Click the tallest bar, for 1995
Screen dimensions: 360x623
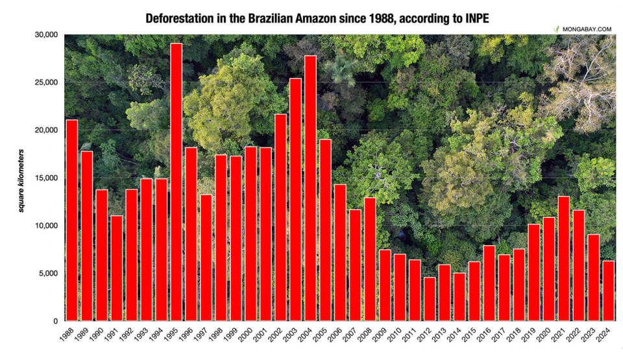pyautogui.click(x=176, y=182)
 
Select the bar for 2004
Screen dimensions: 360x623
pyautogui.click(x=310, y=188)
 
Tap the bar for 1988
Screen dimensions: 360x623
pyautogui.click(x=72, y=221)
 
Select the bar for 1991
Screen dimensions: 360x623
pyautogui.click(x=117, y=269)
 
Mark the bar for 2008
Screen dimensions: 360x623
pyautogui.click(x=369, y=259)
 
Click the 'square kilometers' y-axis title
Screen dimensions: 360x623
pyautogui.click(x=21, y=180)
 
